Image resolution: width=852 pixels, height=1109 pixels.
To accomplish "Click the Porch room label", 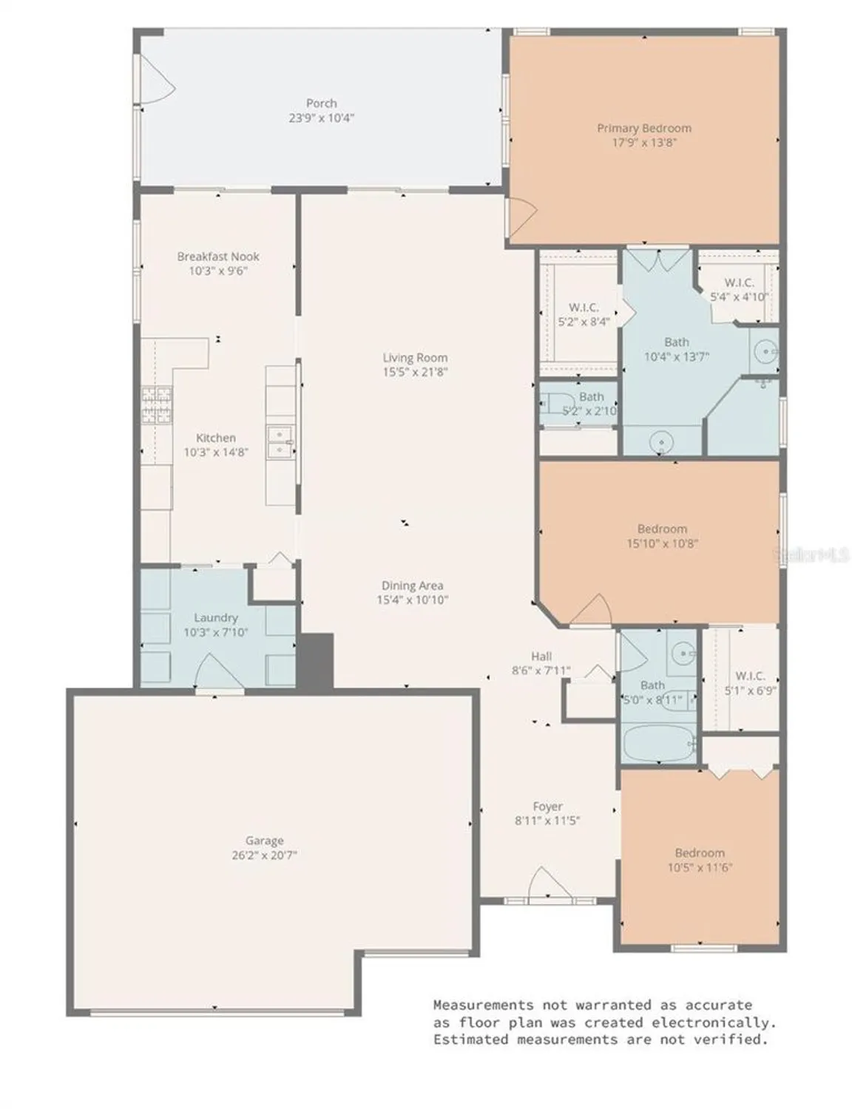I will [321, 104].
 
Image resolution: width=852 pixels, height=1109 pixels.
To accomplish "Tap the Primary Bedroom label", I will [643, 129].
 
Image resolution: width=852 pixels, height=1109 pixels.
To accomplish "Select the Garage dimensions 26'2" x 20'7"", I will [264, 855].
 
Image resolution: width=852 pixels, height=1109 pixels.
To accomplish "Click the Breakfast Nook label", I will [218, 257].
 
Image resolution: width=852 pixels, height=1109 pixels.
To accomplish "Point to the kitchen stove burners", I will [156, 405].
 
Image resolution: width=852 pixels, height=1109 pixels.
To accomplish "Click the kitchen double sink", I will [280, 441].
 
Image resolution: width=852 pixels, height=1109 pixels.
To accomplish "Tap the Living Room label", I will [415, 358].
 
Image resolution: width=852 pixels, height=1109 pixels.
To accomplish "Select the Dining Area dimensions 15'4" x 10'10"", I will [412, 600].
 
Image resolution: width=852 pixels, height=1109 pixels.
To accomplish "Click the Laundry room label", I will [215, 617].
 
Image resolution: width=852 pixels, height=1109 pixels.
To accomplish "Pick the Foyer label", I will [547, 807].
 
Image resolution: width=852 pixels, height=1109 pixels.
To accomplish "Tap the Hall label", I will [541, 656].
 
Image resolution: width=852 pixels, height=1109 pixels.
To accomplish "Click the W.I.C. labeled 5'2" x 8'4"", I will [584, 314].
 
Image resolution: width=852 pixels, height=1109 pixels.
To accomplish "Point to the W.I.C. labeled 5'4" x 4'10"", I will [738, 290].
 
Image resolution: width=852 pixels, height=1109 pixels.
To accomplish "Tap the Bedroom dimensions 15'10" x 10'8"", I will [662, 543].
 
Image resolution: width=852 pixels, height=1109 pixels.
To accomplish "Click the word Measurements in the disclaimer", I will [482, 1005].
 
